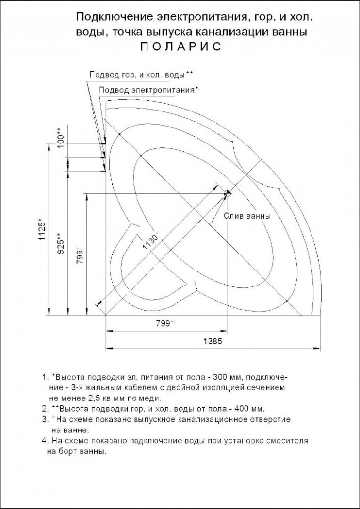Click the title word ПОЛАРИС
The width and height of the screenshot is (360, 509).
[x=180, y=47]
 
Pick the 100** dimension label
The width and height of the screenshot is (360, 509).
[x=60, y=138]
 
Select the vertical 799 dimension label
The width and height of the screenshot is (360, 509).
[x=80, y=255]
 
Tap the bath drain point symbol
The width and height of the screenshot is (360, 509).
[x=227, y=193]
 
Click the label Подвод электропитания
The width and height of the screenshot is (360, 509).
[x=147, y=90]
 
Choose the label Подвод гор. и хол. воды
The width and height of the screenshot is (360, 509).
[x=137, y=75]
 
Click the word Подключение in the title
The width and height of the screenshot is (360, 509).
[x=114, y=18]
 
